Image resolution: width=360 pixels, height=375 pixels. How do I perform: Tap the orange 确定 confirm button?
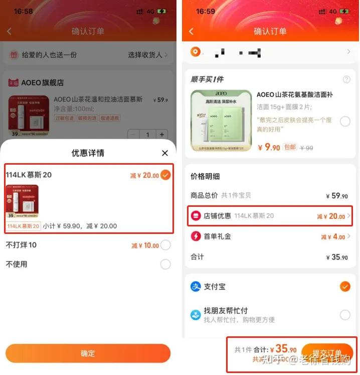88,353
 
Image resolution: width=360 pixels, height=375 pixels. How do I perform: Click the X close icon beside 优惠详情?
165,153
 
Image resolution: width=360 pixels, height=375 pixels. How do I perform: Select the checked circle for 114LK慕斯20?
165,175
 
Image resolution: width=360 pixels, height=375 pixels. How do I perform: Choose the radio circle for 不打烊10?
165,245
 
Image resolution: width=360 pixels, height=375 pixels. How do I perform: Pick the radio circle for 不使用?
165,264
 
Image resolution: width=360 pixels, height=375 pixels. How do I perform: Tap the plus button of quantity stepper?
161,135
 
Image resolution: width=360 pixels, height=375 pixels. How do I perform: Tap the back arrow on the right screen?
191,31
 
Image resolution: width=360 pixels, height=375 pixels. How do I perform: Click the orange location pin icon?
195,52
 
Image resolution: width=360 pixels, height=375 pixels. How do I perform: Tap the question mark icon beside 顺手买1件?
346,79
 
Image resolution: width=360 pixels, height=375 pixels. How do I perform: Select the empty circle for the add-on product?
345,121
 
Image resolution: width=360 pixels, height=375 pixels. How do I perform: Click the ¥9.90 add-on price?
269,147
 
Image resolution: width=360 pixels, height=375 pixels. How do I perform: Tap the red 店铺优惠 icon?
196,216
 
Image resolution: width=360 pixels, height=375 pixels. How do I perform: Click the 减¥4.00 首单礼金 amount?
333,236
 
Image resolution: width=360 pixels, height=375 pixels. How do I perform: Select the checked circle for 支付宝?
345,287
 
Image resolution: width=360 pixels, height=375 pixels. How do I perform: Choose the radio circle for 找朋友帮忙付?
345,315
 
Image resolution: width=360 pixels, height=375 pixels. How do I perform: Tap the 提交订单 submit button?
327,352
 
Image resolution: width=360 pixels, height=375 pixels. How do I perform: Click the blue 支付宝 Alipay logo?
196,287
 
